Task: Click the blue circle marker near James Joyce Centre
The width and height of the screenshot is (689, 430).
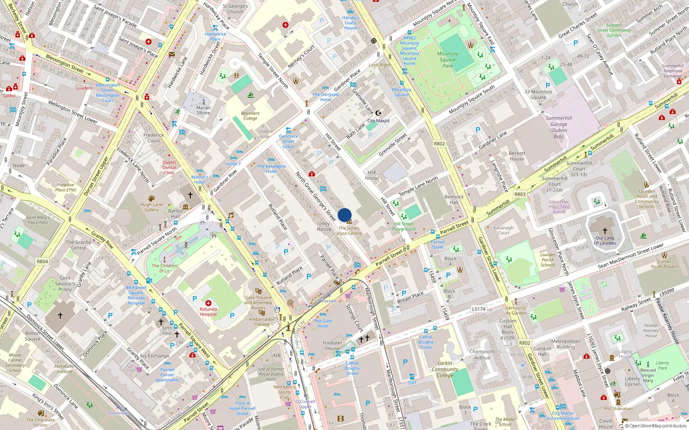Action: point(344,215)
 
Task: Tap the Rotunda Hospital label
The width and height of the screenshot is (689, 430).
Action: point(208,311)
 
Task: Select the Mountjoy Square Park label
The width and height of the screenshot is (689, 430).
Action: point(447,60)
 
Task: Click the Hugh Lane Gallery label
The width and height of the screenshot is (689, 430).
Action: point(151,207)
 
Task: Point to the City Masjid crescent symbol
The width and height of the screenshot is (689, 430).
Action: point(378,113)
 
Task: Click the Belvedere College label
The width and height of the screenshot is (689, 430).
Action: point(250,116)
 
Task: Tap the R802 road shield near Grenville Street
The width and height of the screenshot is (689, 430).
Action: point(439,144)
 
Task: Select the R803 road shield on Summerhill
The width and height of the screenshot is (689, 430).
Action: point(520,194)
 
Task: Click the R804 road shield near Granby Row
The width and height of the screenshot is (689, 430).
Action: point(42,261)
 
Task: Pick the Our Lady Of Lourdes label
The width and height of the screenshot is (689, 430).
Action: point(605,240)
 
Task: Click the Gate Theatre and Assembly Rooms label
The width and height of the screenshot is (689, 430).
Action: point(258,303)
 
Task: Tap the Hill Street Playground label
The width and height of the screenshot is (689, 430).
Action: point(403,226)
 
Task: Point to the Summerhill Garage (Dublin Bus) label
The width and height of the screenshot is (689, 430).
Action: point(559,127)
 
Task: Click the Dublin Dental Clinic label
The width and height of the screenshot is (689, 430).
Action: point(169,167)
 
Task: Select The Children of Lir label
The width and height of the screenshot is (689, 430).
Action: point(164,268)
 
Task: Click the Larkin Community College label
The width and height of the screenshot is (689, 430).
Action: point(445,369)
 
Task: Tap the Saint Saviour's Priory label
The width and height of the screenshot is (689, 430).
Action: point(65,283)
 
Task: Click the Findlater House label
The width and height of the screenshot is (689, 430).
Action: point(332,346)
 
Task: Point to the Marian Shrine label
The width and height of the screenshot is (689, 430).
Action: point(203,111)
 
